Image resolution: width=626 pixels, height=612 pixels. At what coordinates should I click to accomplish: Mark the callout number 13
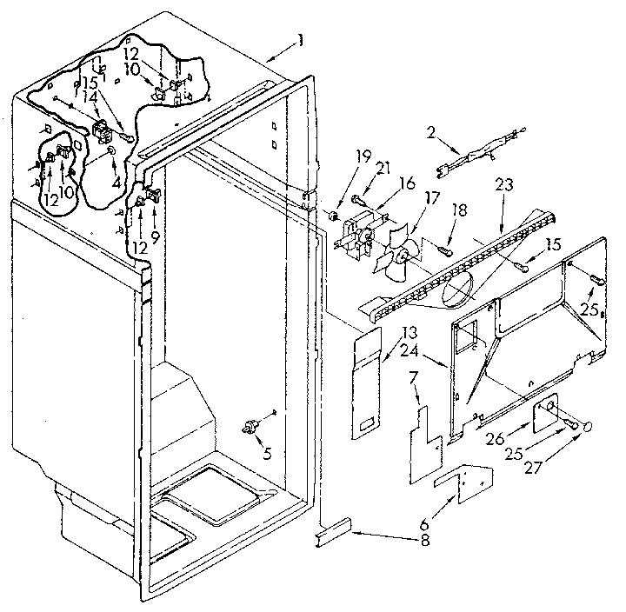click(410, 332)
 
